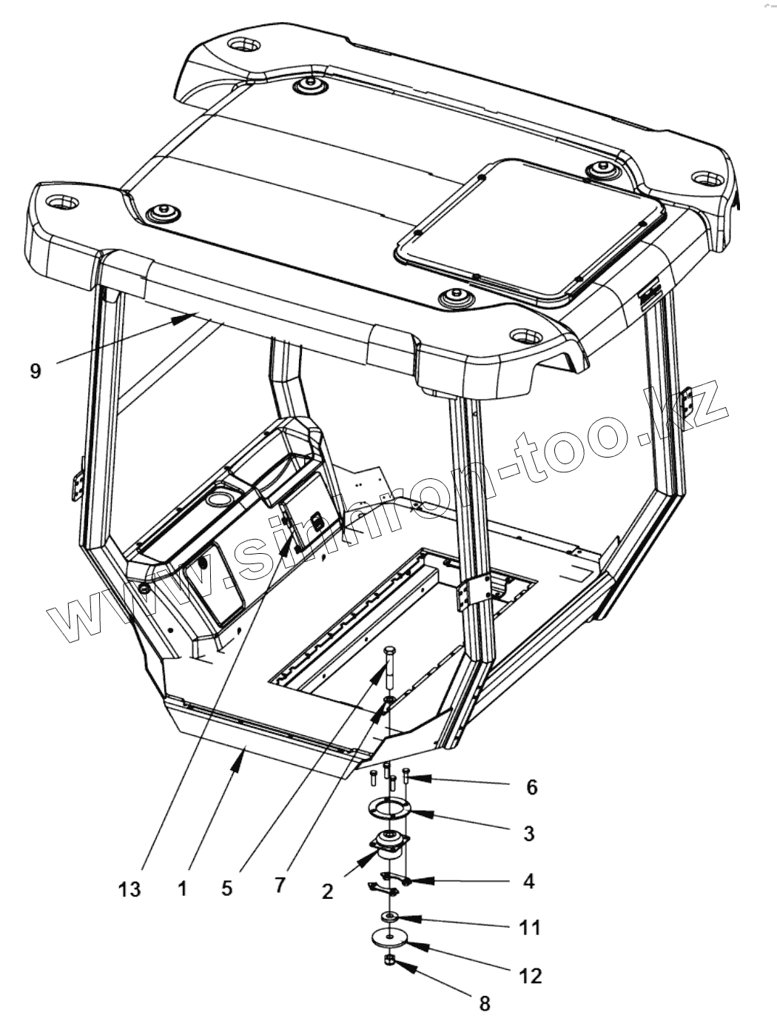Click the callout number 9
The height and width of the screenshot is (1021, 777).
(36, 370)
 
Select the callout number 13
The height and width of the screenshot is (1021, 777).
(129, 888)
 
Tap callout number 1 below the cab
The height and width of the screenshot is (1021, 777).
(183, 888)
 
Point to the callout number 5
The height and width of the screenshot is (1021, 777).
(226, 888)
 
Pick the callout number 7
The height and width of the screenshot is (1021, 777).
(279, 885)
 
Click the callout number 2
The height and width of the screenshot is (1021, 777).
(328, 891)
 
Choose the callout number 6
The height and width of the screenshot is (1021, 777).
(531, 786)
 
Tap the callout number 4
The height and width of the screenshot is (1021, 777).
(528, 881)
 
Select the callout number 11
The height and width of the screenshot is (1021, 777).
(531, 927)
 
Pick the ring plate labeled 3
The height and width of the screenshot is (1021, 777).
(389, 809)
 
